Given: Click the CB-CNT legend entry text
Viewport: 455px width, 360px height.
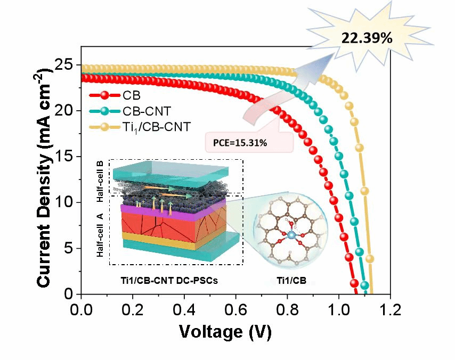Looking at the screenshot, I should coord(144,111).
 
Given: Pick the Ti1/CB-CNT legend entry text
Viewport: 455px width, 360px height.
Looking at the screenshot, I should coord(153,127).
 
